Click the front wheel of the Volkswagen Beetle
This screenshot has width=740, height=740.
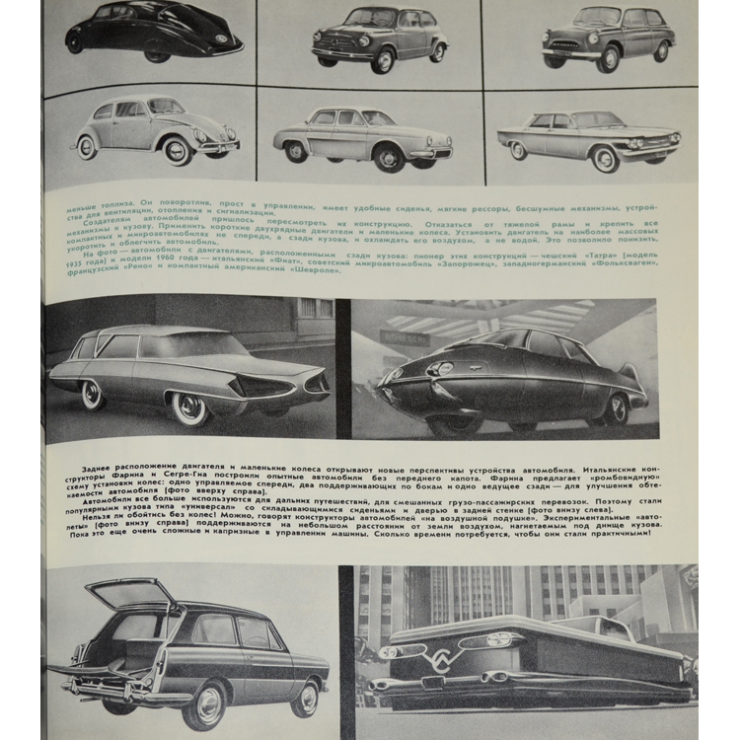(179, 150)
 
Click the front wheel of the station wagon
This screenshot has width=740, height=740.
(209, 703)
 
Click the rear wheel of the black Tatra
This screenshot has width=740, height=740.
(76, 42)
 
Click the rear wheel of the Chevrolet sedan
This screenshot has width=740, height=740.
(519, 150)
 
